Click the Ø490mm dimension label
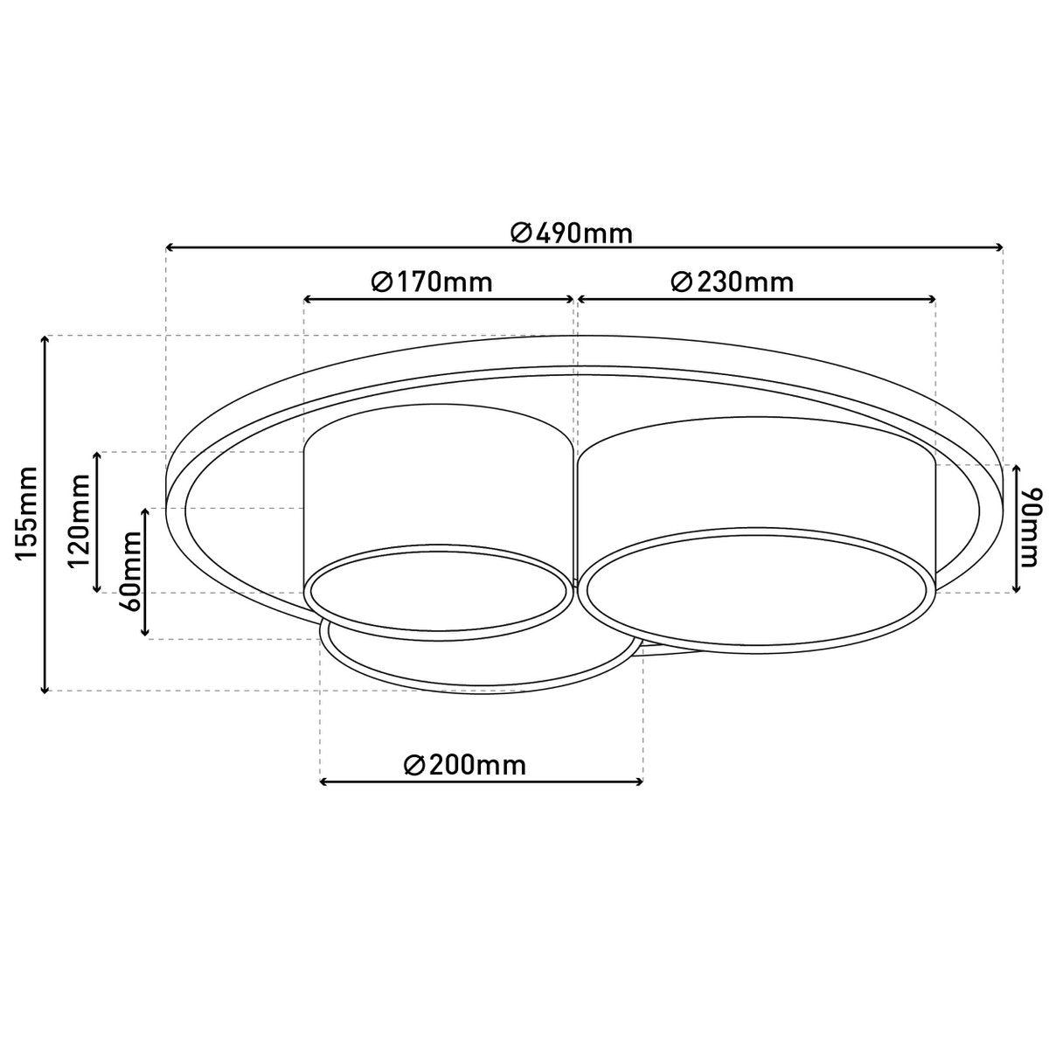pos(572,233)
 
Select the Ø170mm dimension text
pos(431,282)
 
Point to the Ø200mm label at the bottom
pos(465,765)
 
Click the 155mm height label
pos(27,514)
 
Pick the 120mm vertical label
pos(80,522)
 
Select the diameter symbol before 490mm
pos(520,233)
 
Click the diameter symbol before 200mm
pos(414,765)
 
